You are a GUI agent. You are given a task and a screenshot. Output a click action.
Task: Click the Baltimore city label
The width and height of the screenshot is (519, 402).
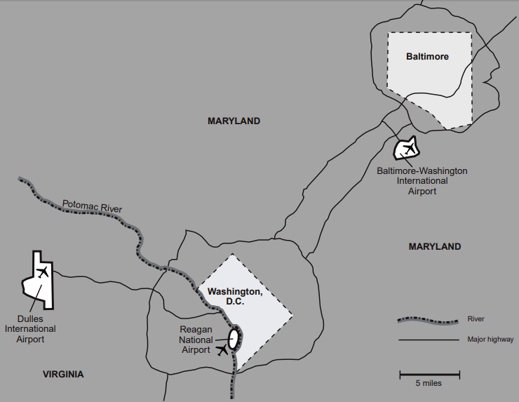[427, 56]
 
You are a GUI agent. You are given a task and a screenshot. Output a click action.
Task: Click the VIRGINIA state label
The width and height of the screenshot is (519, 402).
[62, 374]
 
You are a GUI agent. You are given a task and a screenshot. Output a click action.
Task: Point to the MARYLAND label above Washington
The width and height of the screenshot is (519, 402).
[234, 121]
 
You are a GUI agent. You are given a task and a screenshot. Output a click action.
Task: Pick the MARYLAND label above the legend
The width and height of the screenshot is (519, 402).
[435, 246]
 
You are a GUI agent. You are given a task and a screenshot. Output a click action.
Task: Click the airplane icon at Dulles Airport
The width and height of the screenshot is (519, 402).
[42, 272]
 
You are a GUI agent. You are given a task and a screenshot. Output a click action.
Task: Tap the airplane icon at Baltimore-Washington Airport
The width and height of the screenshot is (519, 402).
[407, 148]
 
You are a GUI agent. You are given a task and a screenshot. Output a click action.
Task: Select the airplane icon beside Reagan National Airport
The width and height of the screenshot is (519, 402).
[224, 349]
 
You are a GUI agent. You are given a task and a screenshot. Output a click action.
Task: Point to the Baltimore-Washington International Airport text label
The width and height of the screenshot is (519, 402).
[422, 180]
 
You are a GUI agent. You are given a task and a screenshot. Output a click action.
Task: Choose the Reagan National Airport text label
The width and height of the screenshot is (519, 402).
[196, 340]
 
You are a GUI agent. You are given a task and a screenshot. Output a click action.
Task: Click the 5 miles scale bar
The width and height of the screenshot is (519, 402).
[429, 373]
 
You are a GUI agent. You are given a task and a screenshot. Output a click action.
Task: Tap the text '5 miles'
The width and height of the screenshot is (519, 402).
[429, 384]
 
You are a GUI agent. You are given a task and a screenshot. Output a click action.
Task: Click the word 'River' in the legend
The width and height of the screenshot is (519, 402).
[476, 320]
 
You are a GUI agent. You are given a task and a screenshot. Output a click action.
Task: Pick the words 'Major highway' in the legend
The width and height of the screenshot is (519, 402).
[485, 340]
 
